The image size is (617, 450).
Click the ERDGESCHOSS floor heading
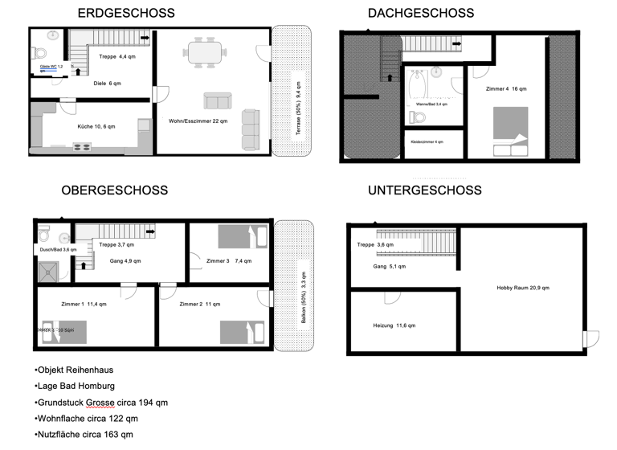125,13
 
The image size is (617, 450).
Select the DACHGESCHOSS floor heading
421,13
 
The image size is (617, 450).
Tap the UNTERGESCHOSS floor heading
425,190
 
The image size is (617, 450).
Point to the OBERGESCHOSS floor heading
115,190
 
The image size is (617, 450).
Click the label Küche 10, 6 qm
96,127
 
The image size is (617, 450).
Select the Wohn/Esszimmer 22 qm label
198,121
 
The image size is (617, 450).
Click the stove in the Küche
83,146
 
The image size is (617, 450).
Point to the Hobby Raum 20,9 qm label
523,288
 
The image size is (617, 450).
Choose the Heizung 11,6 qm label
394,325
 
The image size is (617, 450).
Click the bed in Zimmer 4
511,129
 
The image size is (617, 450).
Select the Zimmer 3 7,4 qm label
229,261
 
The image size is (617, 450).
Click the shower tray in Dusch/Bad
50,271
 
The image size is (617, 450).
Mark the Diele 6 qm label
107,84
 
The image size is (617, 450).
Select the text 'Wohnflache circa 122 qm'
88,419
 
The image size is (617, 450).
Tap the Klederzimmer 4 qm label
427,141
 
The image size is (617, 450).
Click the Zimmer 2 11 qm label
200,305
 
